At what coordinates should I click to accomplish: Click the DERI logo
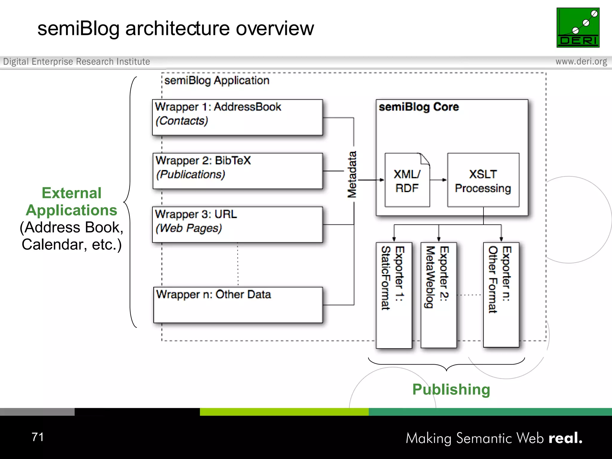tap(578, 27)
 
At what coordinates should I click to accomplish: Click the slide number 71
tap(38, 437)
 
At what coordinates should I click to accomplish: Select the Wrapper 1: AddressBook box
tap(237, 117)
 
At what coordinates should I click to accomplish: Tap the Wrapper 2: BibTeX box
tap(237, 171)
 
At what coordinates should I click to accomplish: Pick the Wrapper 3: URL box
tap(237, 224)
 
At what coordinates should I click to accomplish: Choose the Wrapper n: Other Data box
tap(238, 305)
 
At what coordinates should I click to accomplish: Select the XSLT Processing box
tap(483, 180)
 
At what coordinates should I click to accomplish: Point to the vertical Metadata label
tap(352, 175)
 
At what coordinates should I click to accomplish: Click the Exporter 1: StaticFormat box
tap(394, 295)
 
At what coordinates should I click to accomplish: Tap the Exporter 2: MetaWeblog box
tap(438, 295)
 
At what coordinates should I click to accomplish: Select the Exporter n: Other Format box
tap(501, 295)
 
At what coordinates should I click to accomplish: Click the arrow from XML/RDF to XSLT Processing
tap(438, 180)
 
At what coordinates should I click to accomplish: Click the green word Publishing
tap(451, 389)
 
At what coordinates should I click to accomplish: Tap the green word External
tap(71, 193)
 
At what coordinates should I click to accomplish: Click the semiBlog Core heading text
tap(419, 107)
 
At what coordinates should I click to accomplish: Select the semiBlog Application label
tap(217, 80)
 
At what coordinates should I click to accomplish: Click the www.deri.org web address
tap(581, 62)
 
